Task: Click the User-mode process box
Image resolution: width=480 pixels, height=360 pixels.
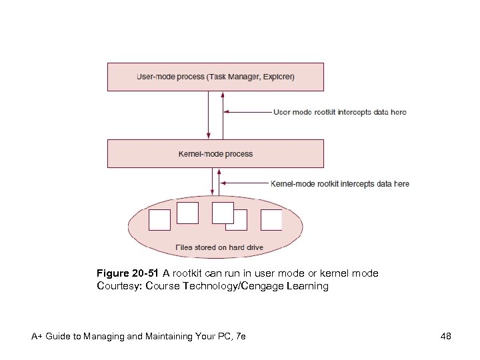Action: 215,77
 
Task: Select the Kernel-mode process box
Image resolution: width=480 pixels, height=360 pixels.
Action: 215,153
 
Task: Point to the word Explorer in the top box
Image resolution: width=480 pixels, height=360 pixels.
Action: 277,77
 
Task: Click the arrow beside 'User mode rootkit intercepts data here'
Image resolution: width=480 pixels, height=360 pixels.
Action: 247,112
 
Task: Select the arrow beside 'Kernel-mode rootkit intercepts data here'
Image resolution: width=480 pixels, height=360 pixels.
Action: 243,183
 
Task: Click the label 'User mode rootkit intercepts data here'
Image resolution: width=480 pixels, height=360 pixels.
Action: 340,112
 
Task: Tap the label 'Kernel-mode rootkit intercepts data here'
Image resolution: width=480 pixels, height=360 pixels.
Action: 340,183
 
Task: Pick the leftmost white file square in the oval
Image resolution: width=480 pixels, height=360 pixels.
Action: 159,220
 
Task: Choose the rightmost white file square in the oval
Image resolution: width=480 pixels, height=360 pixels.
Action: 271,220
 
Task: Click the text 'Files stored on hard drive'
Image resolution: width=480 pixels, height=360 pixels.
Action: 219,247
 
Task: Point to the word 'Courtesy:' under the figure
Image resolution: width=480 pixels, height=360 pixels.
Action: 119,286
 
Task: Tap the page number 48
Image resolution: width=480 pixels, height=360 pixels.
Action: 446,337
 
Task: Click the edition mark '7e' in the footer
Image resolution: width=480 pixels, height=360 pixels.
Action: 240,337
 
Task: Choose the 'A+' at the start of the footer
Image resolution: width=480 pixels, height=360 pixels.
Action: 37,337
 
